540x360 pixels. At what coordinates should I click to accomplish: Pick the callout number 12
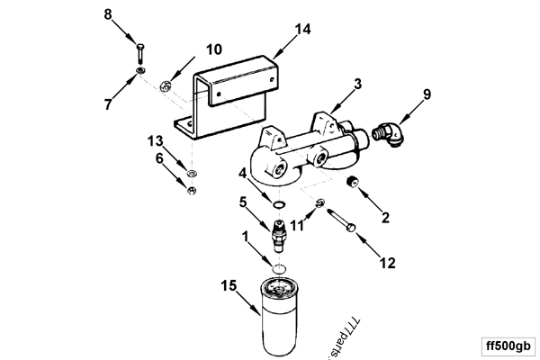(389, 263)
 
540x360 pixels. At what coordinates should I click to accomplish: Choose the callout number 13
(155, 141)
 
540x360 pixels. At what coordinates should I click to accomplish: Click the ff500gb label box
(508, 345)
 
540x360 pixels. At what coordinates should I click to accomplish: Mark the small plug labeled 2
(354, 184)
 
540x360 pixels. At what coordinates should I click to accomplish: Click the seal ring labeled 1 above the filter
(280, 269)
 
